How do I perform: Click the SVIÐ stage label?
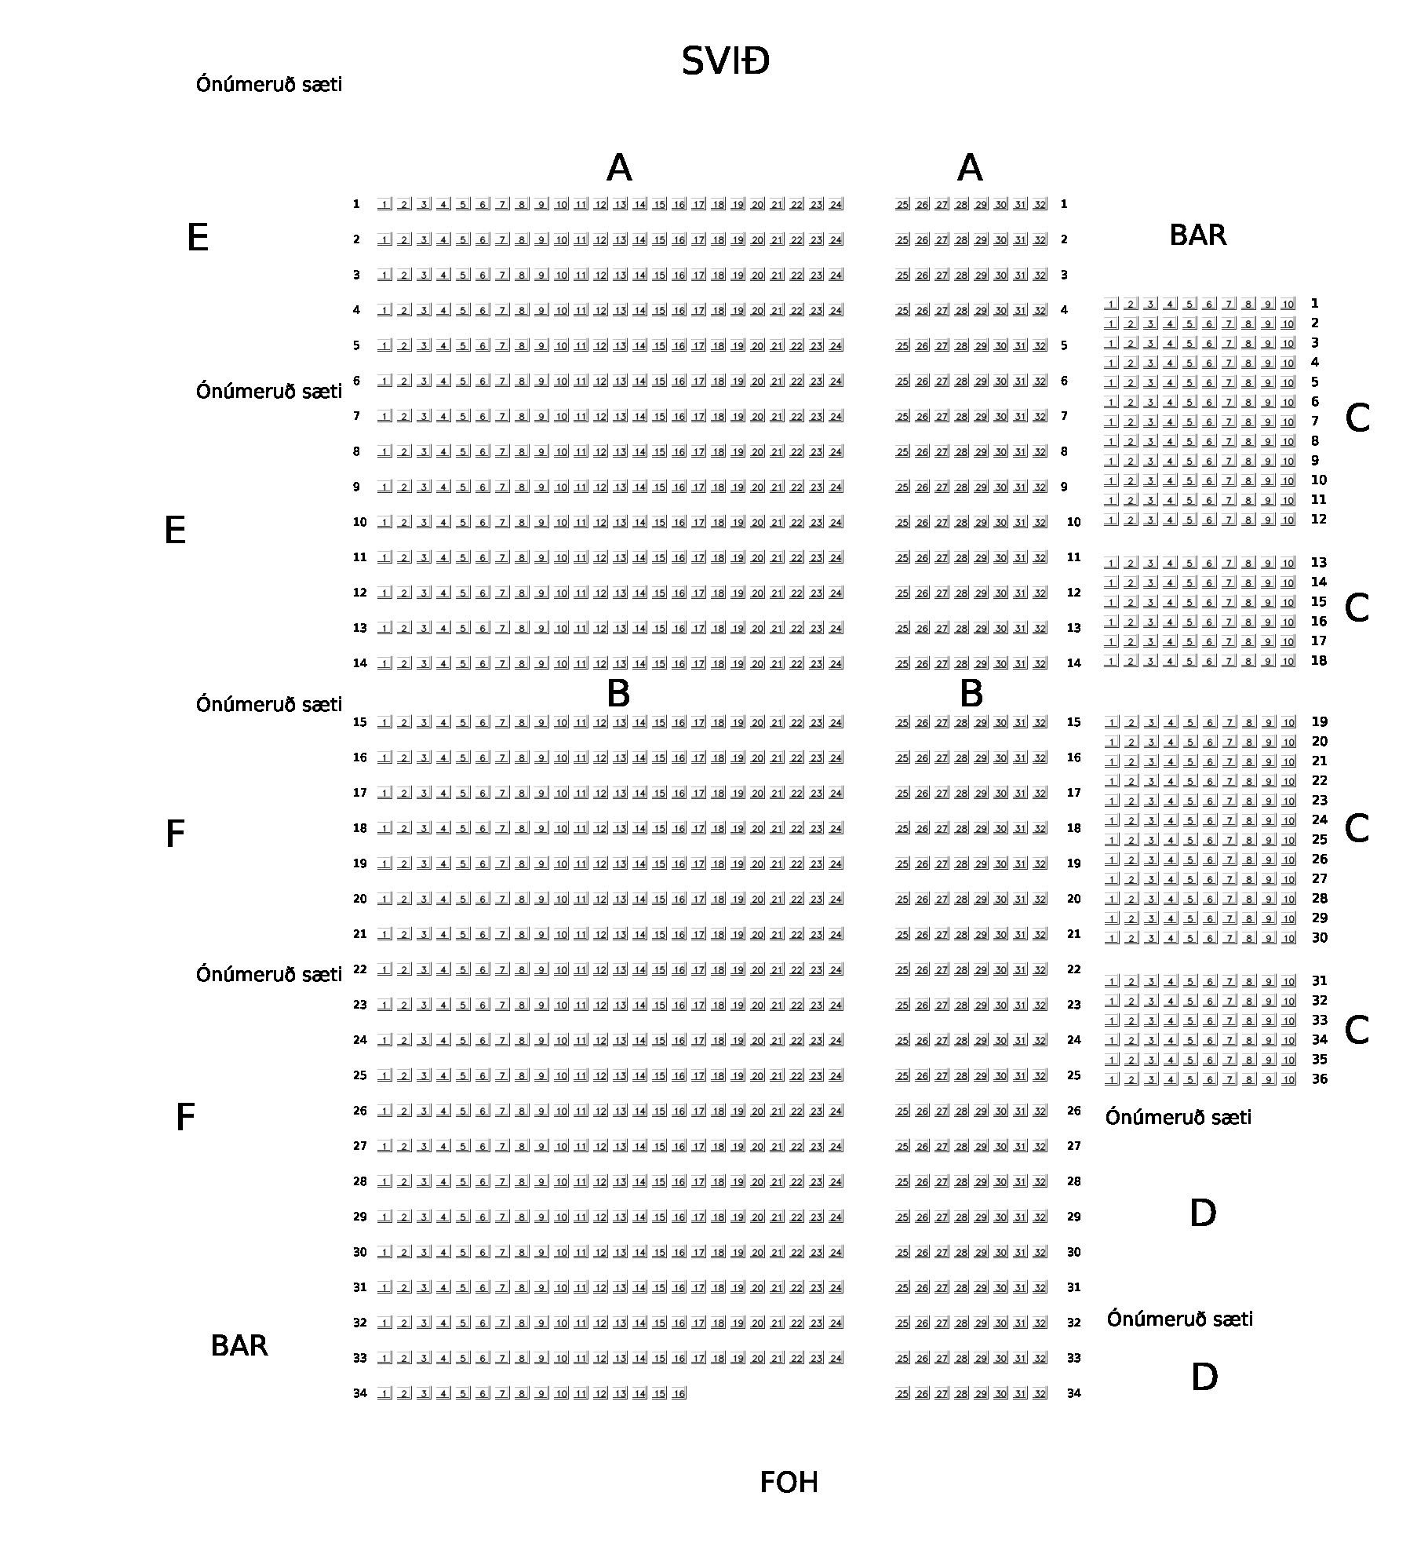[725, 61]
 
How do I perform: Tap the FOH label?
[789, 1483]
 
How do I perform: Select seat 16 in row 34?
[679, 1393]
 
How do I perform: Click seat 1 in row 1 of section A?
[384, 205]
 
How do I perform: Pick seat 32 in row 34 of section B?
[1040, 1393]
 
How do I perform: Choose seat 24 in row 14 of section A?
[836, 664]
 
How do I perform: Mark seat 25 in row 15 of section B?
[902, 723]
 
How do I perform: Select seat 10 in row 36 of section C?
[1288, 1080]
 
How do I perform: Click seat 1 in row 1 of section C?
[1112, 304]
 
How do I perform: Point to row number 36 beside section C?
[1320, 1079]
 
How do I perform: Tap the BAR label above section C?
[1197, 235]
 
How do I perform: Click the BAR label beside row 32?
[239, 1345]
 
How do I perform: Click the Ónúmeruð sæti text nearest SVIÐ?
[269, 84]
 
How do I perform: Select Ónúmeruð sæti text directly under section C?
[1178, 1117]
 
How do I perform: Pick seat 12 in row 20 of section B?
[600, 900]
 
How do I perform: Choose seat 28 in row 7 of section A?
[961, 417]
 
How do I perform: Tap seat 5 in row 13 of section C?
[1190, 564]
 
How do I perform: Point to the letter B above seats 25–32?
[971, 694]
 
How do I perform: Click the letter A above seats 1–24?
[619, 168]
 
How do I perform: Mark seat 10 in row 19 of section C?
[1288, 723]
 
